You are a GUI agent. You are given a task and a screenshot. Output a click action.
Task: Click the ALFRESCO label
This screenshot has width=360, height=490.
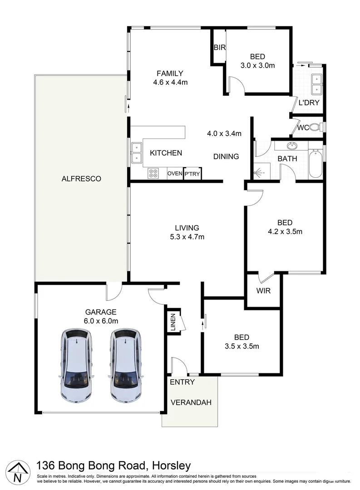click(81, 179)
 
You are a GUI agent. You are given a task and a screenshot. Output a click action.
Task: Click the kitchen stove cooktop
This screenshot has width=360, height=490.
click(153, 173)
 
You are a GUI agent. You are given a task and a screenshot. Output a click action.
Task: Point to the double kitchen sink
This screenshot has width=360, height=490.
click(136, 152)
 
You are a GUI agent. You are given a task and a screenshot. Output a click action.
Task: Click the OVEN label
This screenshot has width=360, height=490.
click(175, 174)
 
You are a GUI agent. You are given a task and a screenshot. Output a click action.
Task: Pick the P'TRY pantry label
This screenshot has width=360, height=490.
click(192, 174)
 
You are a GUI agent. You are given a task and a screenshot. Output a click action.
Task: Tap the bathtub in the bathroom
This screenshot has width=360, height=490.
click(315, 163)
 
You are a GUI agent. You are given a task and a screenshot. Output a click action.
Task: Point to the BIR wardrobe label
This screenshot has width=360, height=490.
click(220, 47)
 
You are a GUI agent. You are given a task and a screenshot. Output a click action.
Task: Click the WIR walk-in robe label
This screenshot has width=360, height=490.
click(263, 290)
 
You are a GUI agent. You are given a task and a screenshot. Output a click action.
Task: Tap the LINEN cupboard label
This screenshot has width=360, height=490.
click(173, 322)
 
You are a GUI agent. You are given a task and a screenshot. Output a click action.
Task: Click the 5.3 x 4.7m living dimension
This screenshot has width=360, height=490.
click(187, 236)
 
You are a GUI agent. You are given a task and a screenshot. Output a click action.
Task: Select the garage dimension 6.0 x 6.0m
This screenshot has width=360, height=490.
click(101, 321)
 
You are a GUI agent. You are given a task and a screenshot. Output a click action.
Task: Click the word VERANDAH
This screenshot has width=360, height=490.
click(191, 402)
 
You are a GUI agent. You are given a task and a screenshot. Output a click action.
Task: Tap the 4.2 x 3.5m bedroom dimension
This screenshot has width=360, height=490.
click(285, 231)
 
